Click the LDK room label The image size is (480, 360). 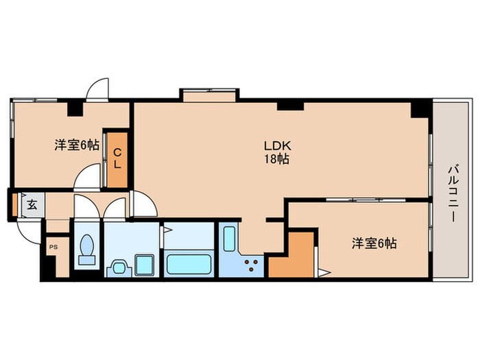[277, 145]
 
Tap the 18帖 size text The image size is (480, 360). [277, 159]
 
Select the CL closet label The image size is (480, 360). [117, 158]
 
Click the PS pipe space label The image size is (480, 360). [53, 247]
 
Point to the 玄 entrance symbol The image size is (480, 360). [32, 205]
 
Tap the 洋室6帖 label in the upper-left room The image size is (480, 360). [77, 145]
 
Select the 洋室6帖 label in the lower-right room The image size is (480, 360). [374, 243]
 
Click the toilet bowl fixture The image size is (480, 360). [87, 249]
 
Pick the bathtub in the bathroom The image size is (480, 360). [189, 264]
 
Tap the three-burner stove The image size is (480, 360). [251, 265]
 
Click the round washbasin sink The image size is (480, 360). [119, 268]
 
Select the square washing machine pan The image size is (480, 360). [145, 265]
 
